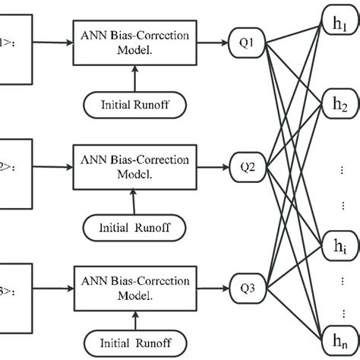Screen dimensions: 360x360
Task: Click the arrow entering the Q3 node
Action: click(x=217, y=286)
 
